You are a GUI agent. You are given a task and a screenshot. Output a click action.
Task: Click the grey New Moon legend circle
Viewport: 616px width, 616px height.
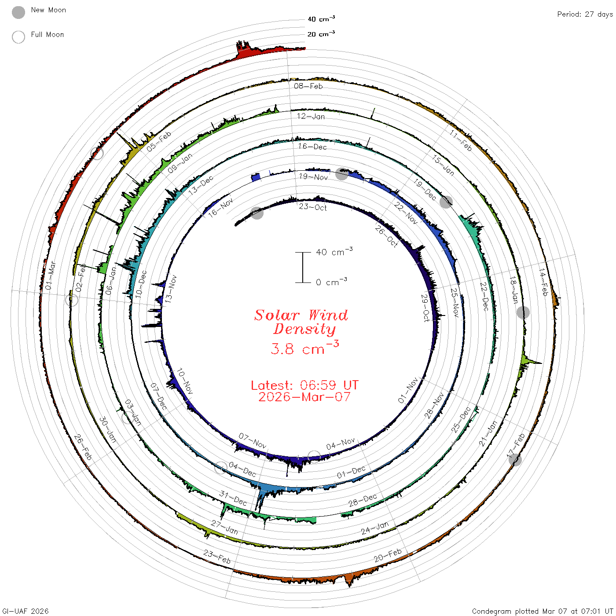pos(18,12)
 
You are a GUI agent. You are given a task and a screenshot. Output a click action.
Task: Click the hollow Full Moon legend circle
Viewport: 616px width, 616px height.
pos(18,37)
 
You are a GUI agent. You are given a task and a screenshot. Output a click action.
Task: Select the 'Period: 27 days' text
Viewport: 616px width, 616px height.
pos(585,15)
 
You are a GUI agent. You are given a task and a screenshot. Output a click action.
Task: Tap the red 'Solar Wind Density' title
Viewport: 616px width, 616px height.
pos(301,322)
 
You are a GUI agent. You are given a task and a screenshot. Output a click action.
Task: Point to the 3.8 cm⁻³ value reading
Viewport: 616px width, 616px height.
pos(304,348)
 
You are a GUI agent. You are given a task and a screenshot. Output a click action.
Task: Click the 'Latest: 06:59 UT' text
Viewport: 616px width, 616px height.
pos(304,385)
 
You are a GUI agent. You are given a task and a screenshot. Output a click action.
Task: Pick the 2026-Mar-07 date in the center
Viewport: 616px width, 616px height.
pos(304,397)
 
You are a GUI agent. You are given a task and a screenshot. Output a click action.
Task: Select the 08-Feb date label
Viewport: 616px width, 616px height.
pos(308,86)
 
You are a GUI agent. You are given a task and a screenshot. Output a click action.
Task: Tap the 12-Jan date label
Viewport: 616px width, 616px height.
pos(311,116)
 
